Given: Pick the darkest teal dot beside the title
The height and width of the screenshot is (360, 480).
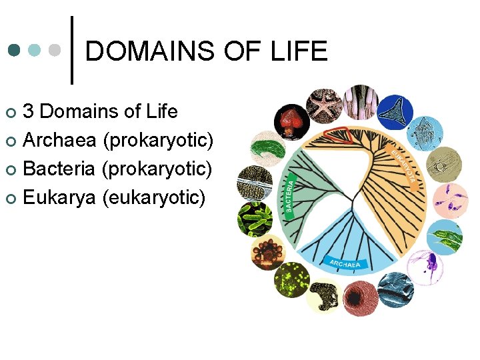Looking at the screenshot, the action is pyautogui.click(x=15, y=51).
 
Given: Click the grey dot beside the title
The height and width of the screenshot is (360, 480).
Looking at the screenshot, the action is pyautogui.click(x=56, y=51).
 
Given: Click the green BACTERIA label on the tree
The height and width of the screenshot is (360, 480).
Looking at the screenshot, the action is pyautogui.click(x=289, y=193).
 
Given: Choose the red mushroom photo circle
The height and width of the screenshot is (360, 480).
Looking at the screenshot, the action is pyautogui.click(x=291, y=122).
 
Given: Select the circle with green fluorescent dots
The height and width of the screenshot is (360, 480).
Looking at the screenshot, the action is pyautogui.click(x=291, y=279).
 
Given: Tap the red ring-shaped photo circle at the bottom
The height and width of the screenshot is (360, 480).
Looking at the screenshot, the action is pyautogui.click(x=361, y=297).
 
